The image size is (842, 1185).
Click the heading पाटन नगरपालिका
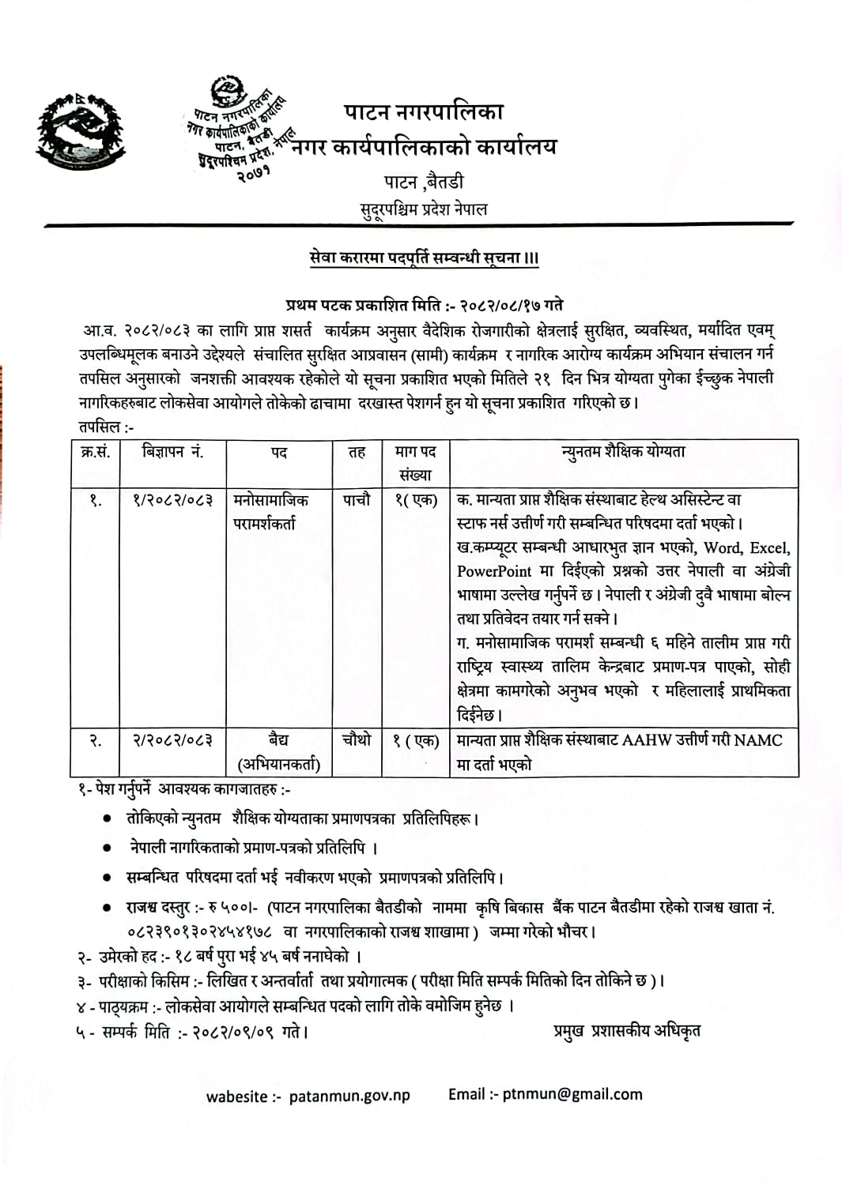(x=424, y=111)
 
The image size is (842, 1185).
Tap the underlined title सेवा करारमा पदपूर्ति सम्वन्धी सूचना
(x=424, y=258)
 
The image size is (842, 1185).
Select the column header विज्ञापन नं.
(x=173, y=452)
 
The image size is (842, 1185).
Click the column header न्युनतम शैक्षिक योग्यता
(x=623, y=452)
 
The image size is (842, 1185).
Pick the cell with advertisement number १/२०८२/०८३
(x=173, y=500)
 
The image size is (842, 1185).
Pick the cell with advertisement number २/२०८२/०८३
(x=173, y=740)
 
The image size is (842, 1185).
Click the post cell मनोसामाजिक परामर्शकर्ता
(x=271, y=511)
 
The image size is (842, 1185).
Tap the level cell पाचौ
(x=357, y=500)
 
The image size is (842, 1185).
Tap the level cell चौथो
(x=357, y=739)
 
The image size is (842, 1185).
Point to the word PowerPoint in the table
(x=494, y=571)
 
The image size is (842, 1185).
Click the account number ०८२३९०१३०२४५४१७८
(x=199, y=932)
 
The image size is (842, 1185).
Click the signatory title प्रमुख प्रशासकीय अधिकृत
(x=626, y=1030)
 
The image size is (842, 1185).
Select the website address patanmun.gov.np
(x=349, y=1096)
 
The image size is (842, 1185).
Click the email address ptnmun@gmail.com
(x=572, y=1094)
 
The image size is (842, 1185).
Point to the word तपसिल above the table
(x=100, y=427)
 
